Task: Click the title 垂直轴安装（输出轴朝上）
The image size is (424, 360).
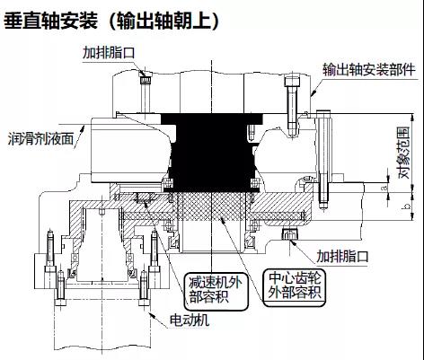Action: (111, 21)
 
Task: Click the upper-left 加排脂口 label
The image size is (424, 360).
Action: (109, 53)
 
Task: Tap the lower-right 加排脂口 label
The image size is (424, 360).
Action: (342, 257)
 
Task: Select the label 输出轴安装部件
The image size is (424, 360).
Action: (369, 70)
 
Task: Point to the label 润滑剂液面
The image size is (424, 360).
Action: (40, 139)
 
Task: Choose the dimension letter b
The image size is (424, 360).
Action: (407, 206)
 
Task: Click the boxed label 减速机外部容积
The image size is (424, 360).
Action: (216, 289)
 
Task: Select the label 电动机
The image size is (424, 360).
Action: (189, 320)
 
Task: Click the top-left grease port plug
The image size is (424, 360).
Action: (146, 80)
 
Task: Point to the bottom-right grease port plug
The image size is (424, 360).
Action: (290, 234)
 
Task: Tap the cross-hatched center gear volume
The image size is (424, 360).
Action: (212, 206)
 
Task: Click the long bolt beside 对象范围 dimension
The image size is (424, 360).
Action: (323, 160)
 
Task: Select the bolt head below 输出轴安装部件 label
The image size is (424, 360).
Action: (292, 80)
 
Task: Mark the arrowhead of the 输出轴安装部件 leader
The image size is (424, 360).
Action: (314, 93)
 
